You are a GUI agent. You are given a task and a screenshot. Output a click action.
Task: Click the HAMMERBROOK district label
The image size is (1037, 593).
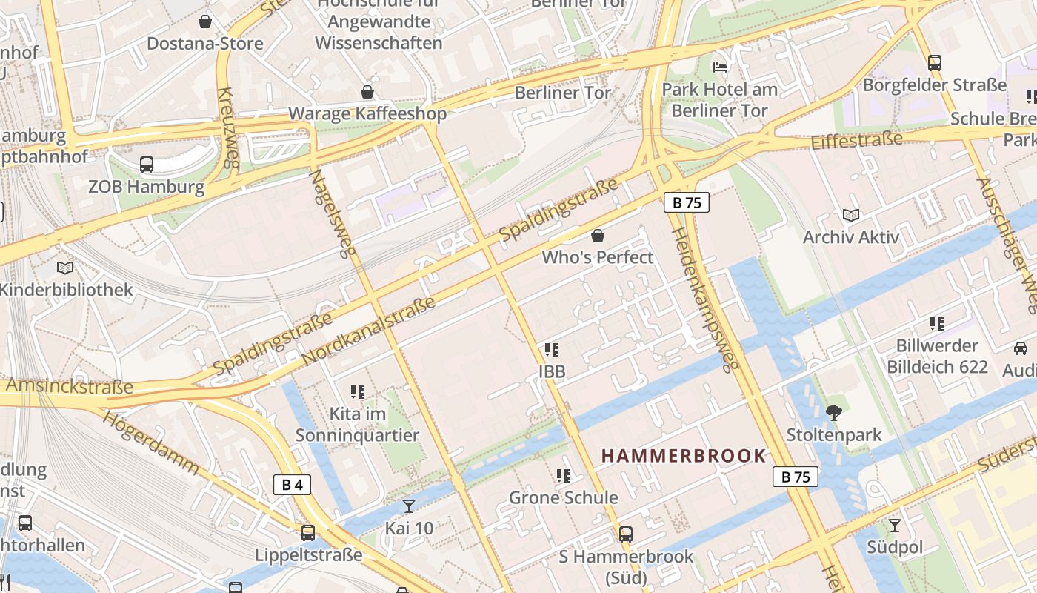(x=683, y=456)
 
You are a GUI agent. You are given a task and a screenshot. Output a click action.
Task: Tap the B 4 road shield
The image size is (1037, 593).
(x=292, y=485)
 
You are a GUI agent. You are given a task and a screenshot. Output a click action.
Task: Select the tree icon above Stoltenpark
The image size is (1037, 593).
(x=834, y=412)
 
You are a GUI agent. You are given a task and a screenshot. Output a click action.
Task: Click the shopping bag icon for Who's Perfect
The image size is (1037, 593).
(x=598, y=236)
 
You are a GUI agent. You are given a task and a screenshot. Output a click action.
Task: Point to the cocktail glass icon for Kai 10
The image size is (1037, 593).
(x=408, y=506)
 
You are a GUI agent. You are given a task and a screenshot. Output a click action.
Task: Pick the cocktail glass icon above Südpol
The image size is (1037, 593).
(x=895, y=526)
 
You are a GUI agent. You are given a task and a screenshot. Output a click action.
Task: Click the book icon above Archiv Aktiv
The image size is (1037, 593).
(x=851, y=215)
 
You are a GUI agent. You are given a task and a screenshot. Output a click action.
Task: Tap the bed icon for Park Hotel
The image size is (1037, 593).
(x=720, y=67)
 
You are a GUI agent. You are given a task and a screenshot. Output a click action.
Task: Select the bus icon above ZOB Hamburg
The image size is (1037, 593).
(x=147, y=164)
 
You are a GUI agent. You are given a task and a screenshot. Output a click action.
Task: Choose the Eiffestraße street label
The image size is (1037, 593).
(x=857, y=140)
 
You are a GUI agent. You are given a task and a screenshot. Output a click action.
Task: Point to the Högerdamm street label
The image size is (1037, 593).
(x=151, y=442)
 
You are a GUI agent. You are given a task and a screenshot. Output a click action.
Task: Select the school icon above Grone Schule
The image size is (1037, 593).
(x=563, y=475)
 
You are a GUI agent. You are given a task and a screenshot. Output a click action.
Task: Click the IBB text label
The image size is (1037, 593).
(x=553, y=371)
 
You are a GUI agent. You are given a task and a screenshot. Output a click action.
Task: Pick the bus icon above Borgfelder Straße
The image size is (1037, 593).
(x=935, y=63)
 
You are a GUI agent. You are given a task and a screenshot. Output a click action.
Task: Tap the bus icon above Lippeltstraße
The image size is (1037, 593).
(x=308, y=532)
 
